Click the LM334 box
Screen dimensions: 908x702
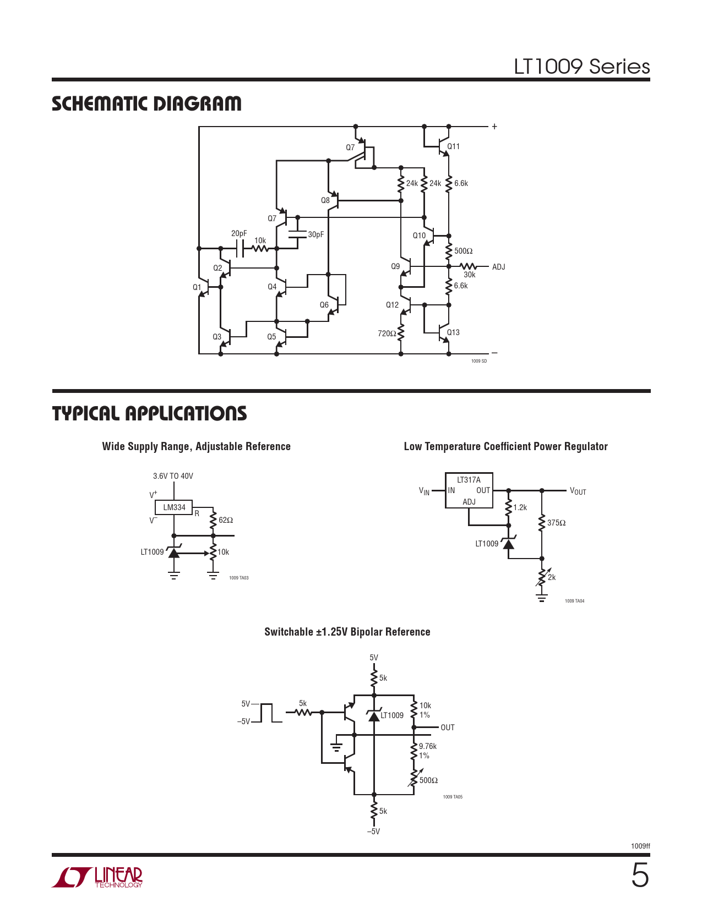[174, 507]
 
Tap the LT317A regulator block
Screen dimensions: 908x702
[469, 490]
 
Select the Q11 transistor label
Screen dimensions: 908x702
[453, 146]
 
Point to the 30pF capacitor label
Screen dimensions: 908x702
[316, 234]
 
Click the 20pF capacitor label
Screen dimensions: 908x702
[239, 234]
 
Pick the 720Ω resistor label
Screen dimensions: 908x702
[387, 333]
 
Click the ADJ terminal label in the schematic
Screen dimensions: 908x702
[498, 267]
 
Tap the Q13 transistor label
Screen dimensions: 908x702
[453, 332]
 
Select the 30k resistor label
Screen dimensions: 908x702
[469, 275]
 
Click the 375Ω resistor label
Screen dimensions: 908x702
[556, 523]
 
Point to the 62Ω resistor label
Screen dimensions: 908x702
[226, 520]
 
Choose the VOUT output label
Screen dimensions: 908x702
[578, 491]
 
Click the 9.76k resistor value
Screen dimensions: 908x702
[428, 746]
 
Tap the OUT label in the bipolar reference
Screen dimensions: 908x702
[448, 728]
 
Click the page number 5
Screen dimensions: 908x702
[640, 876]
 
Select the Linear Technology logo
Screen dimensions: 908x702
[97, 877]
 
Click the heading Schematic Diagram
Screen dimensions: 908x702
[146, 103]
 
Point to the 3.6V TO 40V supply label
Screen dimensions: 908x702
[173, 476]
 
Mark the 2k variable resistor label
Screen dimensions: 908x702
[552, 577]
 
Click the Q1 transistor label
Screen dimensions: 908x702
[197, 287]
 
